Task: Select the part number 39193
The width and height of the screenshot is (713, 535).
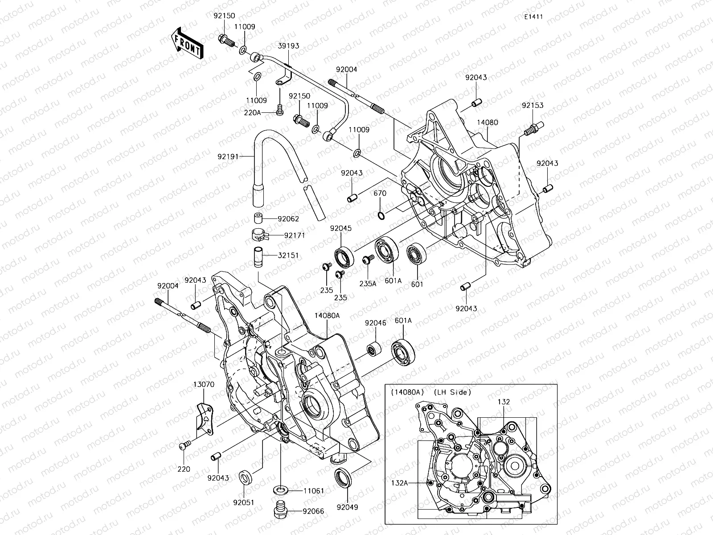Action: click(x=289, y=46)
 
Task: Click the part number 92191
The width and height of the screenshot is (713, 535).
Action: click(x=228, y=156)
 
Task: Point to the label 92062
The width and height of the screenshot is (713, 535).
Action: click(x=288, y=219)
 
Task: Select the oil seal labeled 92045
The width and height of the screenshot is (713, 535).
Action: click(x=344, y=257)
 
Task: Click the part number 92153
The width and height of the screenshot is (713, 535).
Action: click(x=533, y=106)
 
